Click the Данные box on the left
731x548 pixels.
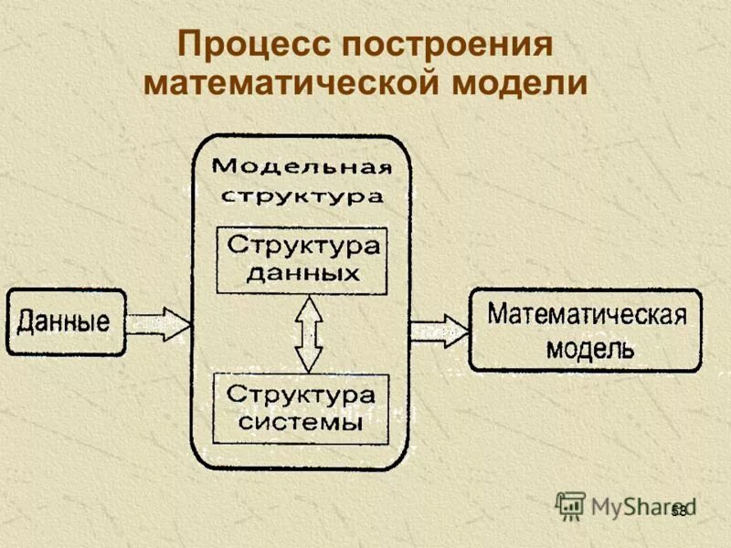point(67,322)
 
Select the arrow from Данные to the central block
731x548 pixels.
point(159,322)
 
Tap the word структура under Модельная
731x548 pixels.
point(302,195)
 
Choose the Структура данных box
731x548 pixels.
point(302,259)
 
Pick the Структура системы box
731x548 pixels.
point(301,407)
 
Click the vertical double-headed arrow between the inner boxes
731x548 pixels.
point(309,333)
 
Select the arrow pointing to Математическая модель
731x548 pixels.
point(440,330)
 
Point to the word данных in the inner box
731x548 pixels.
point(302,273)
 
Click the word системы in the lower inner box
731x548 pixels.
point(301,423)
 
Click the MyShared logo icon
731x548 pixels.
point(570,505)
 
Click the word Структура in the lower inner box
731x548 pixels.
point(301,395)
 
